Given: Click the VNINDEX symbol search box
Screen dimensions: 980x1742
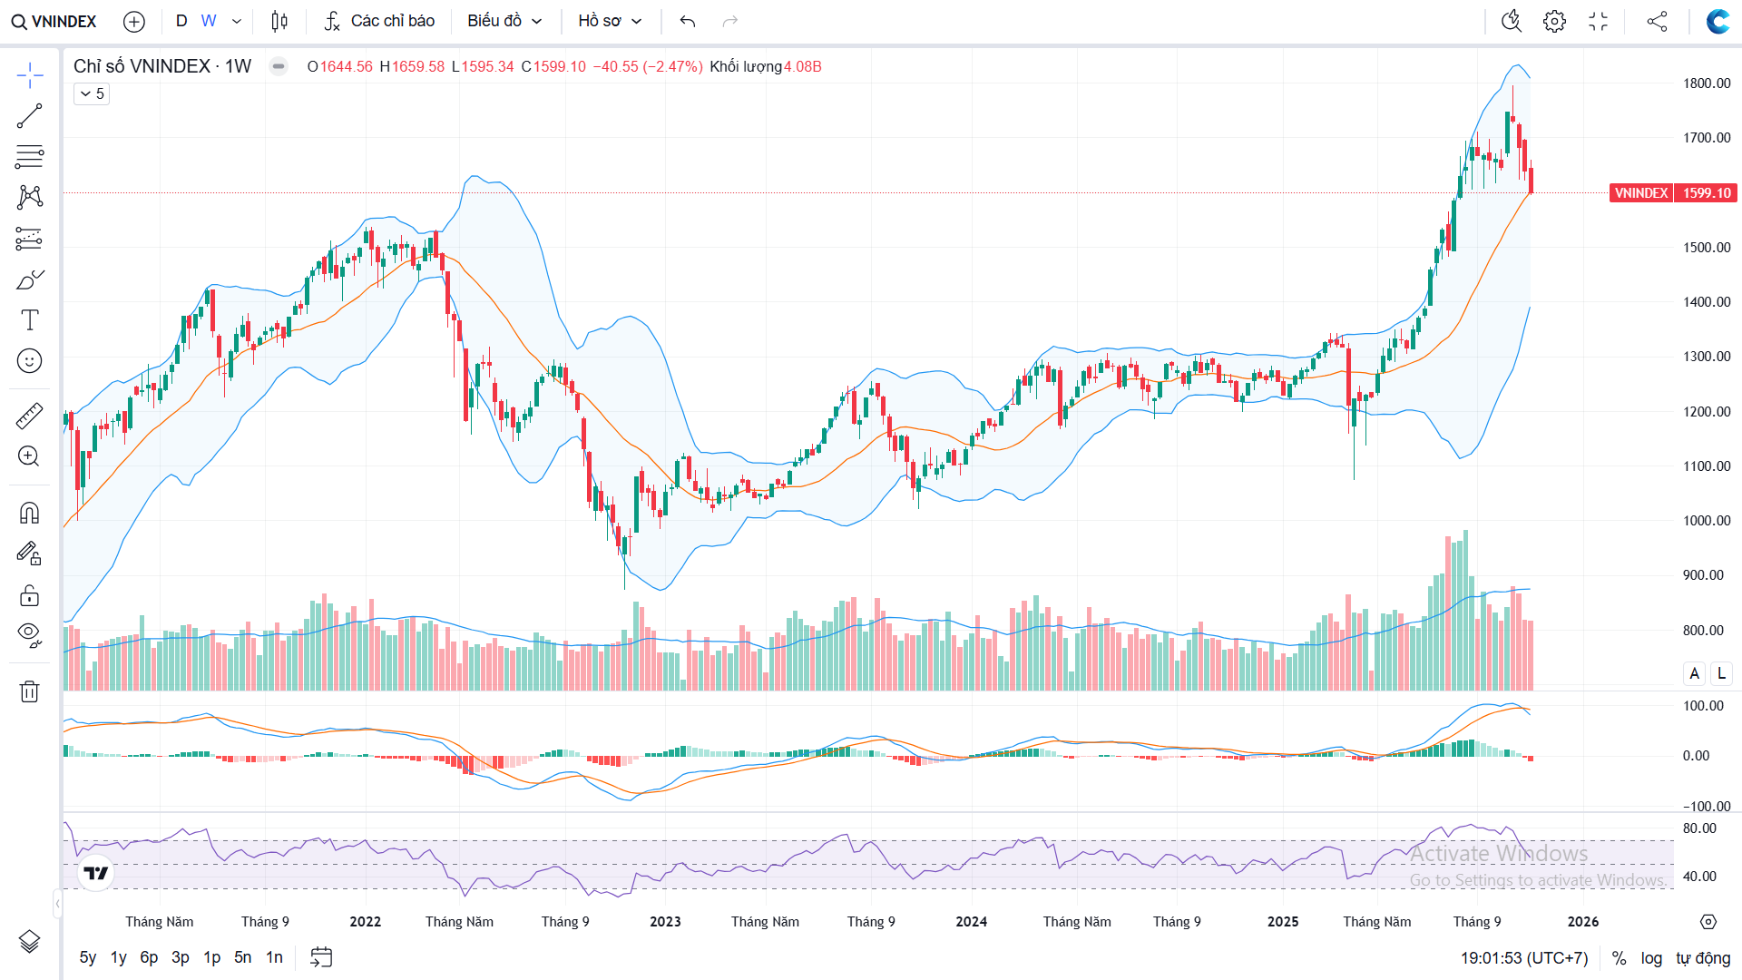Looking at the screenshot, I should pos(54,21).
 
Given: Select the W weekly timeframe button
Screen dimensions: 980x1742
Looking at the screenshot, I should pos(209,21).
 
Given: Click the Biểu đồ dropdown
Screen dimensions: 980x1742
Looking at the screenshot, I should pos(504,21).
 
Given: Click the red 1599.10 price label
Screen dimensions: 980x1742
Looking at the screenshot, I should pos(1706,193).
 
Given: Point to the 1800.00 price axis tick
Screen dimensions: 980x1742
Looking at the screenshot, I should pos(1707,83).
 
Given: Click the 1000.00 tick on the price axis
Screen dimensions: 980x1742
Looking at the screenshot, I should pos(1707,521).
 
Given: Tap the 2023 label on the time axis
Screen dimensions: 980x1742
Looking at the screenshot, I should pos(665,922).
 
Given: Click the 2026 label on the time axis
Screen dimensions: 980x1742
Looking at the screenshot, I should pos(1583,922).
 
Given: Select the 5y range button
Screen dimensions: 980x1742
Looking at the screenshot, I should pos(88,957).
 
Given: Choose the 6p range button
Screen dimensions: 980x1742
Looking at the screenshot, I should pos(149,957).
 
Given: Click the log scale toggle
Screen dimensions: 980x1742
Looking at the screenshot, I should pos(1651,958).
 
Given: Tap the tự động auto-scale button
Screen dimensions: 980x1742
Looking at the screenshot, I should pos(1703,958).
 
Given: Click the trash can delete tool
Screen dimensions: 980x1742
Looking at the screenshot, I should pos(29,691).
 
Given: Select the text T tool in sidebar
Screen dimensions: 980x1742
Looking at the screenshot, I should pos(29,320).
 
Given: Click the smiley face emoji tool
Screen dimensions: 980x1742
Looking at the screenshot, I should pos(29,361).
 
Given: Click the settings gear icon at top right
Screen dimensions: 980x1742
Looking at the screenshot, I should pos(1554,21).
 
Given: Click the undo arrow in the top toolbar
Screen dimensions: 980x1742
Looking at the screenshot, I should pos(688,21).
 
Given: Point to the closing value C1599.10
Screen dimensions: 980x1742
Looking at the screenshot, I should pos(553,67).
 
